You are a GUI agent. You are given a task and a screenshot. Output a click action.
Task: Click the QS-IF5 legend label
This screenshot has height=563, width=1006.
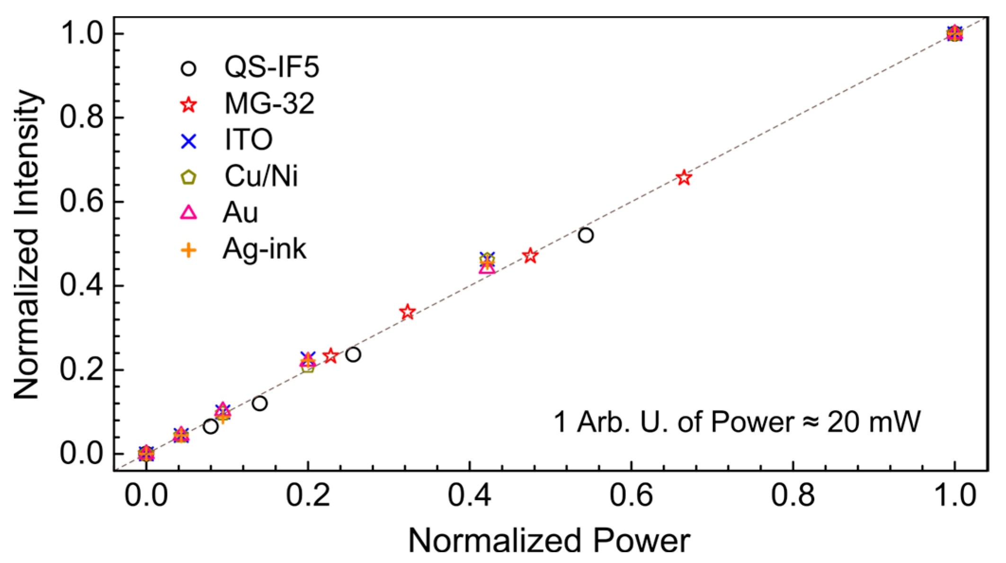pyautogui.click(x=271, y=67)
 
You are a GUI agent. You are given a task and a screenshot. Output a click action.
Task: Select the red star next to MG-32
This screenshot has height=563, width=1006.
pyautogui.click(x=189, y=105)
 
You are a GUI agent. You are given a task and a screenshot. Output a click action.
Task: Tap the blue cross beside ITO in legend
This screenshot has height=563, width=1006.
pyautogui.click(x=189, y=141)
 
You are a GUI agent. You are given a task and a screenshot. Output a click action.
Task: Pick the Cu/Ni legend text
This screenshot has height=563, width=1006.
pyautogui.click(x=261, y=176)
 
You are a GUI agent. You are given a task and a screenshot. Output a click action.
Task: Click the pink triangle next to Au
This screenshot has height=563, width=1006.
pyautogui.click(x=189, y=212)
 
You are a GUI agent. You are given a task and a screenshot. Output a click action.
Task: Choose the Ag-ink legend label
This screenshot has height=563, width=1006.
pyautogui.click(x=264, y=249)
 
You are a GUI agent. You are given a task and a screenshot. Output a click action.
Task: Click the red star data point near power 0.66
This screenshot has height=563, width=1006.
pyautogui.click(x=684, y=178)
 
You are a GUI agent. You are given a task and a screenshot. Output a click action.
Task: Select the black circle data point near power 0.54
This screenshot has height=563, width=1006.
pyautogui.click(x=586, y=235)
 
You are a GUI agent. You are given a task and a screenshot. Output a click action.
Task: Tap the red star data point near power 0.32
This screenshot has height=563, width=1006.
pyautogui.click(x=407, y=312)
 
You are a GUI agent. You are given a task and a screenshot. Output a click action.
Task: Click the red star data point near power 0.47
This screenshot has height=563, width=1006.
pyautogui.click(x=530, y=256)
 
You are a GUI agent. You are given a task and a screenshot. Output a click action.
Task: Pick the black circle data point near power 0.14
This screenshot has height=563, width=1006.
pyautogui.click(x=259, y=404)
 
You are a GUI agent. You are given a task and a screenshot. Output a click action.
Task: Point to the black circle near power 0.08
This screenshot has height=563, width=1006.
pyautogui.click(x=211, y=427)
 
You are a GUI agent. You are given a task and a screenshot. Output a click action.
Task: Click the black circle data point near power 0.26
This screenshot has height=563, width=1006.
pyautogui.click(x=353, y=354)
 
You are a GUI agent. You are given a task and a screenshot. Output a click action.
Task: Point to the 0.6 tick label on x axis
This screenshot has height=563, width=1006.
pyautogui.click(x=631, y=495)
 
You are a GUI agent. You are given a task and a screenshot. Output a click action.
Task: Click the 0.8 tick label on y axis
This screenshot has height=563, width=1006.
pyautogui.click(x=81, y=117)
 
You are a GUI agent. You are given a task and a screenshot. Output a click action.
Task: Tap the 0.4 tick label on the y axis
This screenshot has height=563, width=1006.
pyautogui.click(x=81, y=286)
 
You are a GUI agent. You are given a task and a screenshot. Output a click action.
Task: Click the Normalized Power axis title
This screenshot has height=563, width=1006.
pyautogui.click(x=549, y=540)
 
